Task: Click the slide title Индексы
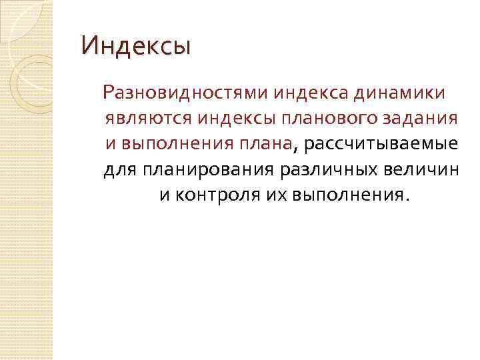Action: (136, 46)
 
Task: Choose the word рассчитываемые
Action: (381, 143)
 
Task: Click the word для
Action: (120, 169)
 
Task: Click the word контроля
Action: (210, 195)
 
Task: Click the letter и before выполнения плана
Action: (111, 143)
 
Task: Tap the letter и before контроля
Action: (164, 195)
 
